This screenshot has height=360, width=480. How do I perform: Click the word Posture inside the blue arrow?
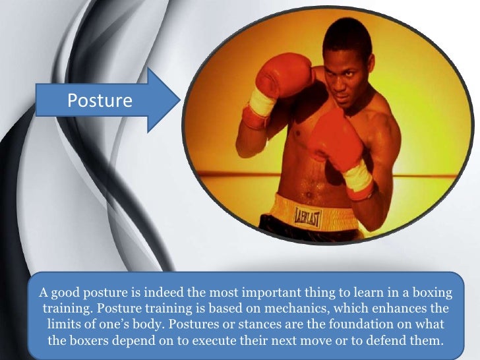100,100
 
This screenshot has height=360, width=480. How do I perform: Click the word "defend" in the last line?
382,343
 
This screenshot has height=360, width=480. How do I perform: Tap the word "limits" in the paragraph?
65,326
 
